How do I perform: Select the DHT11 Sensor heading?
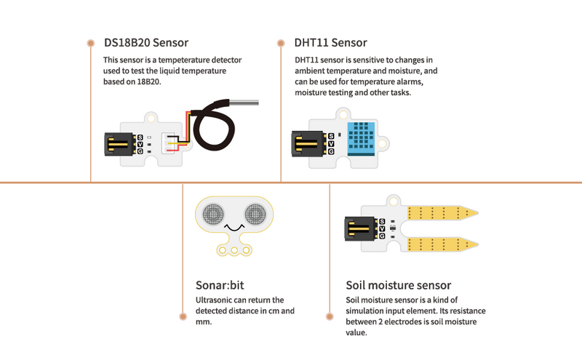[x=331, y=43]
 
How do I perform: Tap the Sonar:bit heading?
[x=222, y=284]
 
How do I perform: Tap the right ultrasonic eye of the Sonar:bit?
[x=256, y=214]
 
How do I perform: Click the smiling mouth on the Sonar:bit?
[x=234, y=231]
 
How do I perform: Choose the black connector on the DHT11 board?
[x=308, y=144]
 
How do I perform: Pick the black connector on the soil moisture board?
[x=359, y=231]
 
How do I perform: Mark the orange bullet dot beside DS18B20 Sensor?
[x=90, y=43]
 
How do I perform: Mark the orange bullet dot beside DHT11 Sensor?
[x=281, y=43]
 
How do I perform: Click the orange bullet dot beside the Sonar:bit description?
[x=182, y=316]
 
